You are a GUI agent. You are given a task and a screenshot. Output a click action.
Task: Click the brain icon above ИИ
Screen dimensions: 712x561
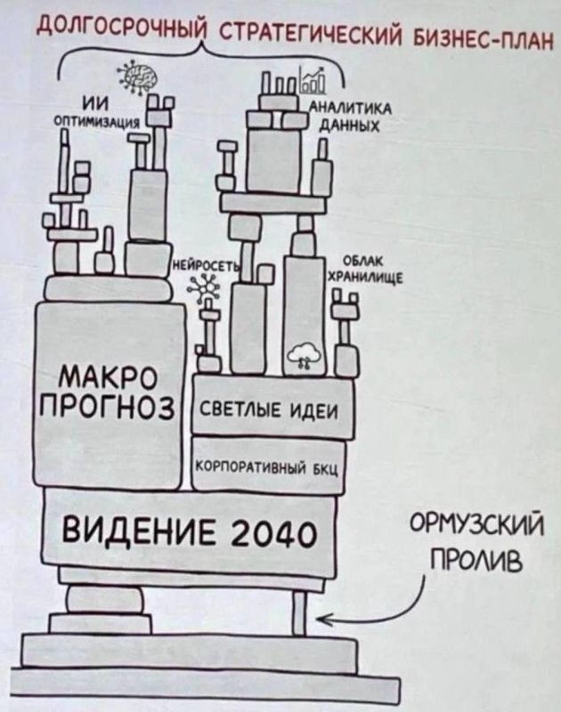136,78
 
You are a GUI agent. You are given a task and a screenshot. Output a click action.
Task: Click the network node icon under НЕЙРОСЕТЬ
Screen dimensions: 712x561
207,286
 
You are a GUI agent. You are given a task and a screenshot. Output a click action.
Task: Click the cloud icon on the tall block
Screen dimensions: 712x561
303,353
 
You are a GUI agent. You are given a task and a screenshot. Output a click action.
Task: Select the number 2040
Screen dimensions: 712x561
273,534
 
